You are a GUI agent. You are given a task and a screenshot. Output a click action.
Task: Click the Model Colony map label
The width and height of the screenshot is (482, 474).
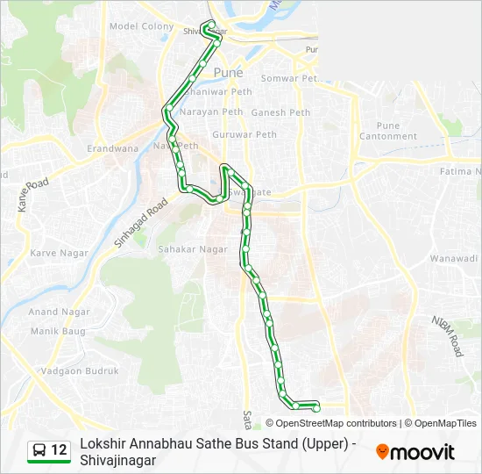141,26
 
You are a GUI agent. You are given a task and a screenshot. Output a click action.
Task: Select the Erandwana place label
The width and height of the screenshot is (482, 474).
113,149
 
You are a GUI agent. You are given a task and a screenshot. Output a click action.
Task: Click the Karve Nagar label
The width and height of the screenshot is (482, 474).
55,253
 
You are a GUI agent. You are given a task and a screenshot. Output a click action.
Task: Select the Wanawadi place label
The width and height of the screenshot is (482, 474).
453,258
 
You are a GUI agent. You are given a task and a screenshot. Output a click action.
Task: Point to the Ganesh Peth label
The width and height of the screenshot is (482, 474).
280,112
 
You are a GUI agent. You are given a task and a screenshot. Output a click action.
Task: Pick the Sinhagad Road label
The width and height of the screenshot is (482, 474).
140,224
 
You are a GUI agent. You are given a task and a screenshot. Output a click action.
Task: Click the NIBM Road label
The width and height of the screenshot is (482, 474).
446,335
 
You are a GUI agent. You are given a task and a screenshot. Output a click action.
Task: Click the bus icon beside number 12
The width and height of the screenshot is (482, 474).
39,450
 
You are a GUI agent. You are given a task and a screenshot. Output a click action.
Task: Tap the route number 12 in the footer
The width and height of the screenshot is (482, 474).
59,450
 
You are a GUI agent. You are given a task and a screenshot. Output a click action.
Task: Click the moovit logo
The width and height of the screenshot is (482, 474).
415,452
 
